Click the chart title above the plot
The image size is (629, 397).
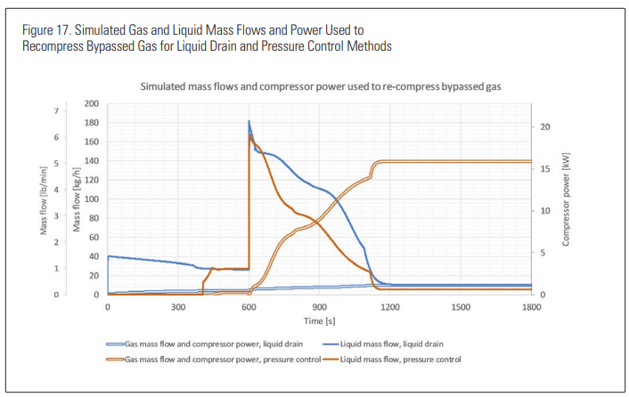(x=318, y=87)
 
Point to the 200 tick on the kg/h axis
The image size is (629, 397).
(x=92, y=104)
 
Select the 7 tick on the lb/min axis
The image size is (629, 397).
(x=55, y=111)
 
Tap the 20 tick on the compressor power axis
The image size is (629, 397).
(x=545, y=127)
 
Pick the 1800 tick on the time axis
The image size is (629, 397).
(x=530, y=307)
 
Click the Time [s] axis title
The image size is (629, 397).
(x=318, y=319)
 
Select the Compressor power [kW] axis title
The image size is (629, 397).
(x=567, y=198)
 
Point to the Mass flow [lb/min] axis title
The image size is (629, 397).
(x=42, y=199)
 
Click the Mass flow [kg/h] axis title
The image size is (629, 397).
(x=77, y=199)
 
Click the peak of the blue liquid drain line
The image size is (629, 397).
(x=249, y=121)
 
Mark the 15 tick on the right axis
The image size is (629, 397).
(x=545, y=169)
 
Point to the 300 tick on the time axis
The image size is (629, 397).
(x=177, y=307)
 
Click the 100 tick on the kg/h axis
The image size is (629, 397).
(x=92, y=199)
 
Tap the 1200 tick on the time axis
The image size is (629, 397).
(x=389, y=307)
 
